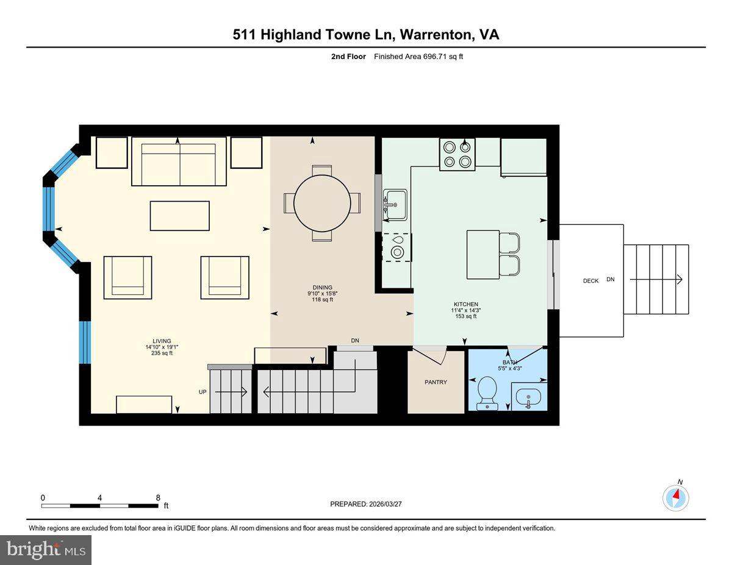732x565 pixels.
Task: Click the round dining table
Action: coord(322,203)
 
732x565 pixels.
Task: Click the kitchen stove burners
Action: coord(457,154)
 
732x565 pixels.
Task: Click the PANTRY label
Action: coord(436,382)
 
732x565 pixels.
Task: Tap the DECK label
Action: coord(590,281)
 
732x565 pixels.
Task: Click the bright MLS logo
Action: coord(46,549)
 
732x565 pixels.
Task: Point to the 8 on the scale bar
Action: coord(158,497)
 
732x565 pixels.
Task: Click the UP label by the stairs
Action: coord(203,392)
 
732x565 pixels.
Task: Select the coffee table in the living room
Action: coord(179,216)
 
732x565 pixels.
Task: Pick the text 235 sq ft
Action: coord(162,354)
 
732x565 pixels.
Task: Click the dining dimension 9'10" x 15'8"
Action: coord(322,293)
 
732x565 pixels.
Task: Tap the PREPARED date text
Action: coord(366,504)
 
